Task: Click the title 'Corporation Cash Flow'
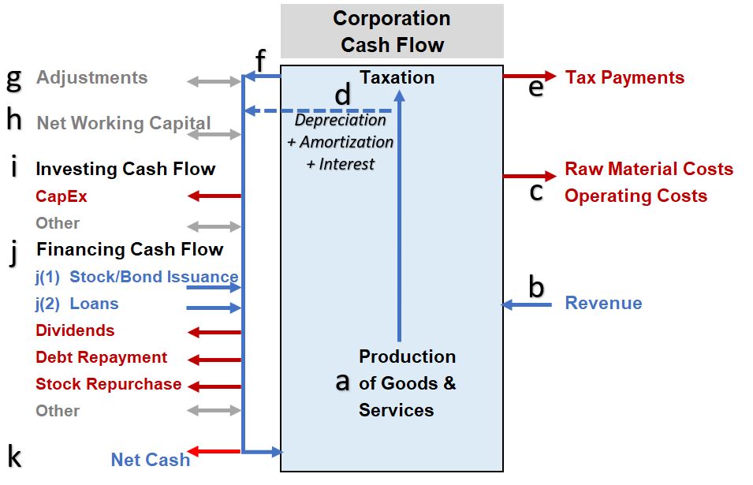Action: click(392, 32)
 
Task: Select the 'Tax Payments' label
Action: click(624, 77)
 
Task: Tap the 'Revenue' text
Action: click(603, 304)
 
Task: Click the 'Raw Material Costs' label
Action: click(649, 170)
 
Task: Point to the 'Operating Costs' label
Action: click(636, 196)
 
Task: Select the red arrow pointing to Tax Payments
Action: click(530, 76)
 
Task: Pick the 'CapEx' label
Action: click(62, 196)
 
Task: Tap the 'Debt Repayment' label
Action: click(101, 357)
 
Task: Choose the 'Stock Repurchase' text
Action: click(108, 384)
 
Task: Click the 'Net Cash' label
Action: click(150, 460)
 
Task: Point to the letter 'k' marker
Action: click(14, 456)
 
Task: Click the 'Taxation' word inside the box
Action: click(397, 77)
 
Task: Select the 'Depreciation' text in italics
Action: click(341, 121)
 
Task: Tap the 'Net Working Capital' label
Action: click(123, 123)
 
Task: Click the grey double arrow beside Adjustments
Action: click(214, 81)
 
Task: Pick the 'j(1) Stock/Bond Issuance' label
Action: click(136, 277)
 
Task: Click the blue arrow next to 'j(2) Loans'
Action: click(214, 308)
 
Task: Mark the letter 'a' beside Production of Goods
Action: click(342, 382)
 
